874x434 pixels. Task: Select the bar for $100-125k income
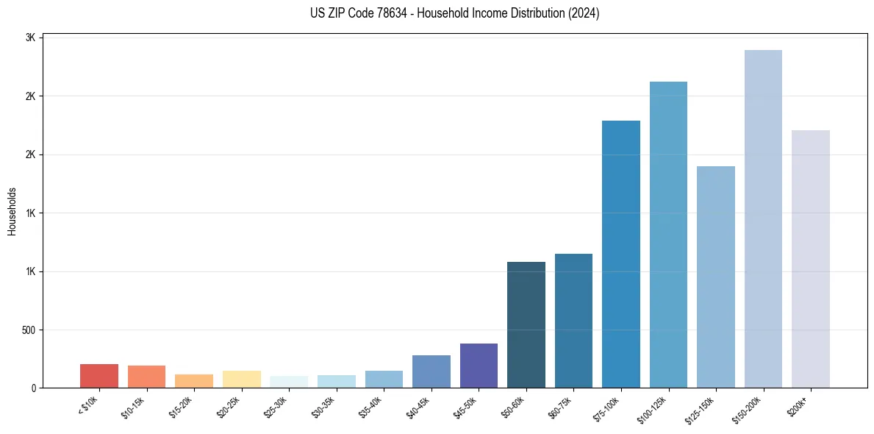click(x=668, y=235)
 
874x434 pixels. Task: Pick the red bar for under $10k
click(x=99, y=376)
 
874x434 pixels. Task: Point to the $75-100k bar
click(x=621, y=254)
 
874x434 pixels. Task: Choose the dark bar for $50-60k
click(x=526, y=324)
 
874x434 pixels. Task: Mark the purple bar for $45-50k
click(x=479, y=366)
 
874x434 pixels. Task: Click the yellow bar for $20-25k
click(x=241, y=379)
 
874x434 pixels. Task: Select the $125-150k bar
click(x=716, y=277)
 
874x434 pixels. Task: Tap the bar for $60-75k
click(x=573, y=321)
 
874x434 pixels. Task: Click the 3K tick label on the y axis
click(x=31, y=38)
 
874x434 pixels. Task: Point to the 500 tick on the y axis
click(x=29, y=330)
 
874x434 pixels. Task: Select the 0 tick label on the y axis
click(x=34, y=388)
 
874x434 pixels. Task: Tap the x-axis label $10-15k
click(x=133, y=407)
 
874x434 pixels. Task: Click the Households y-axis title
click(x=12, y=211)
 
